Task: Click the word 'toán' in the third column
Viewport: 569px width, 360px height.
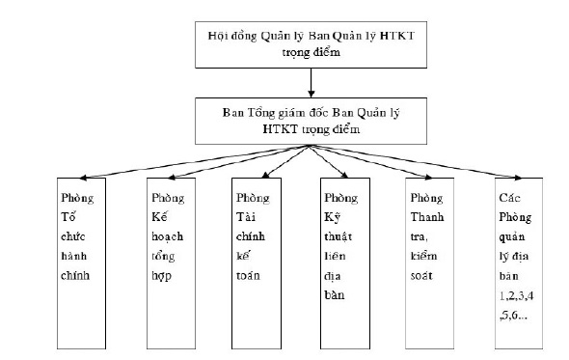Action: click(x=250, y=275)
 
